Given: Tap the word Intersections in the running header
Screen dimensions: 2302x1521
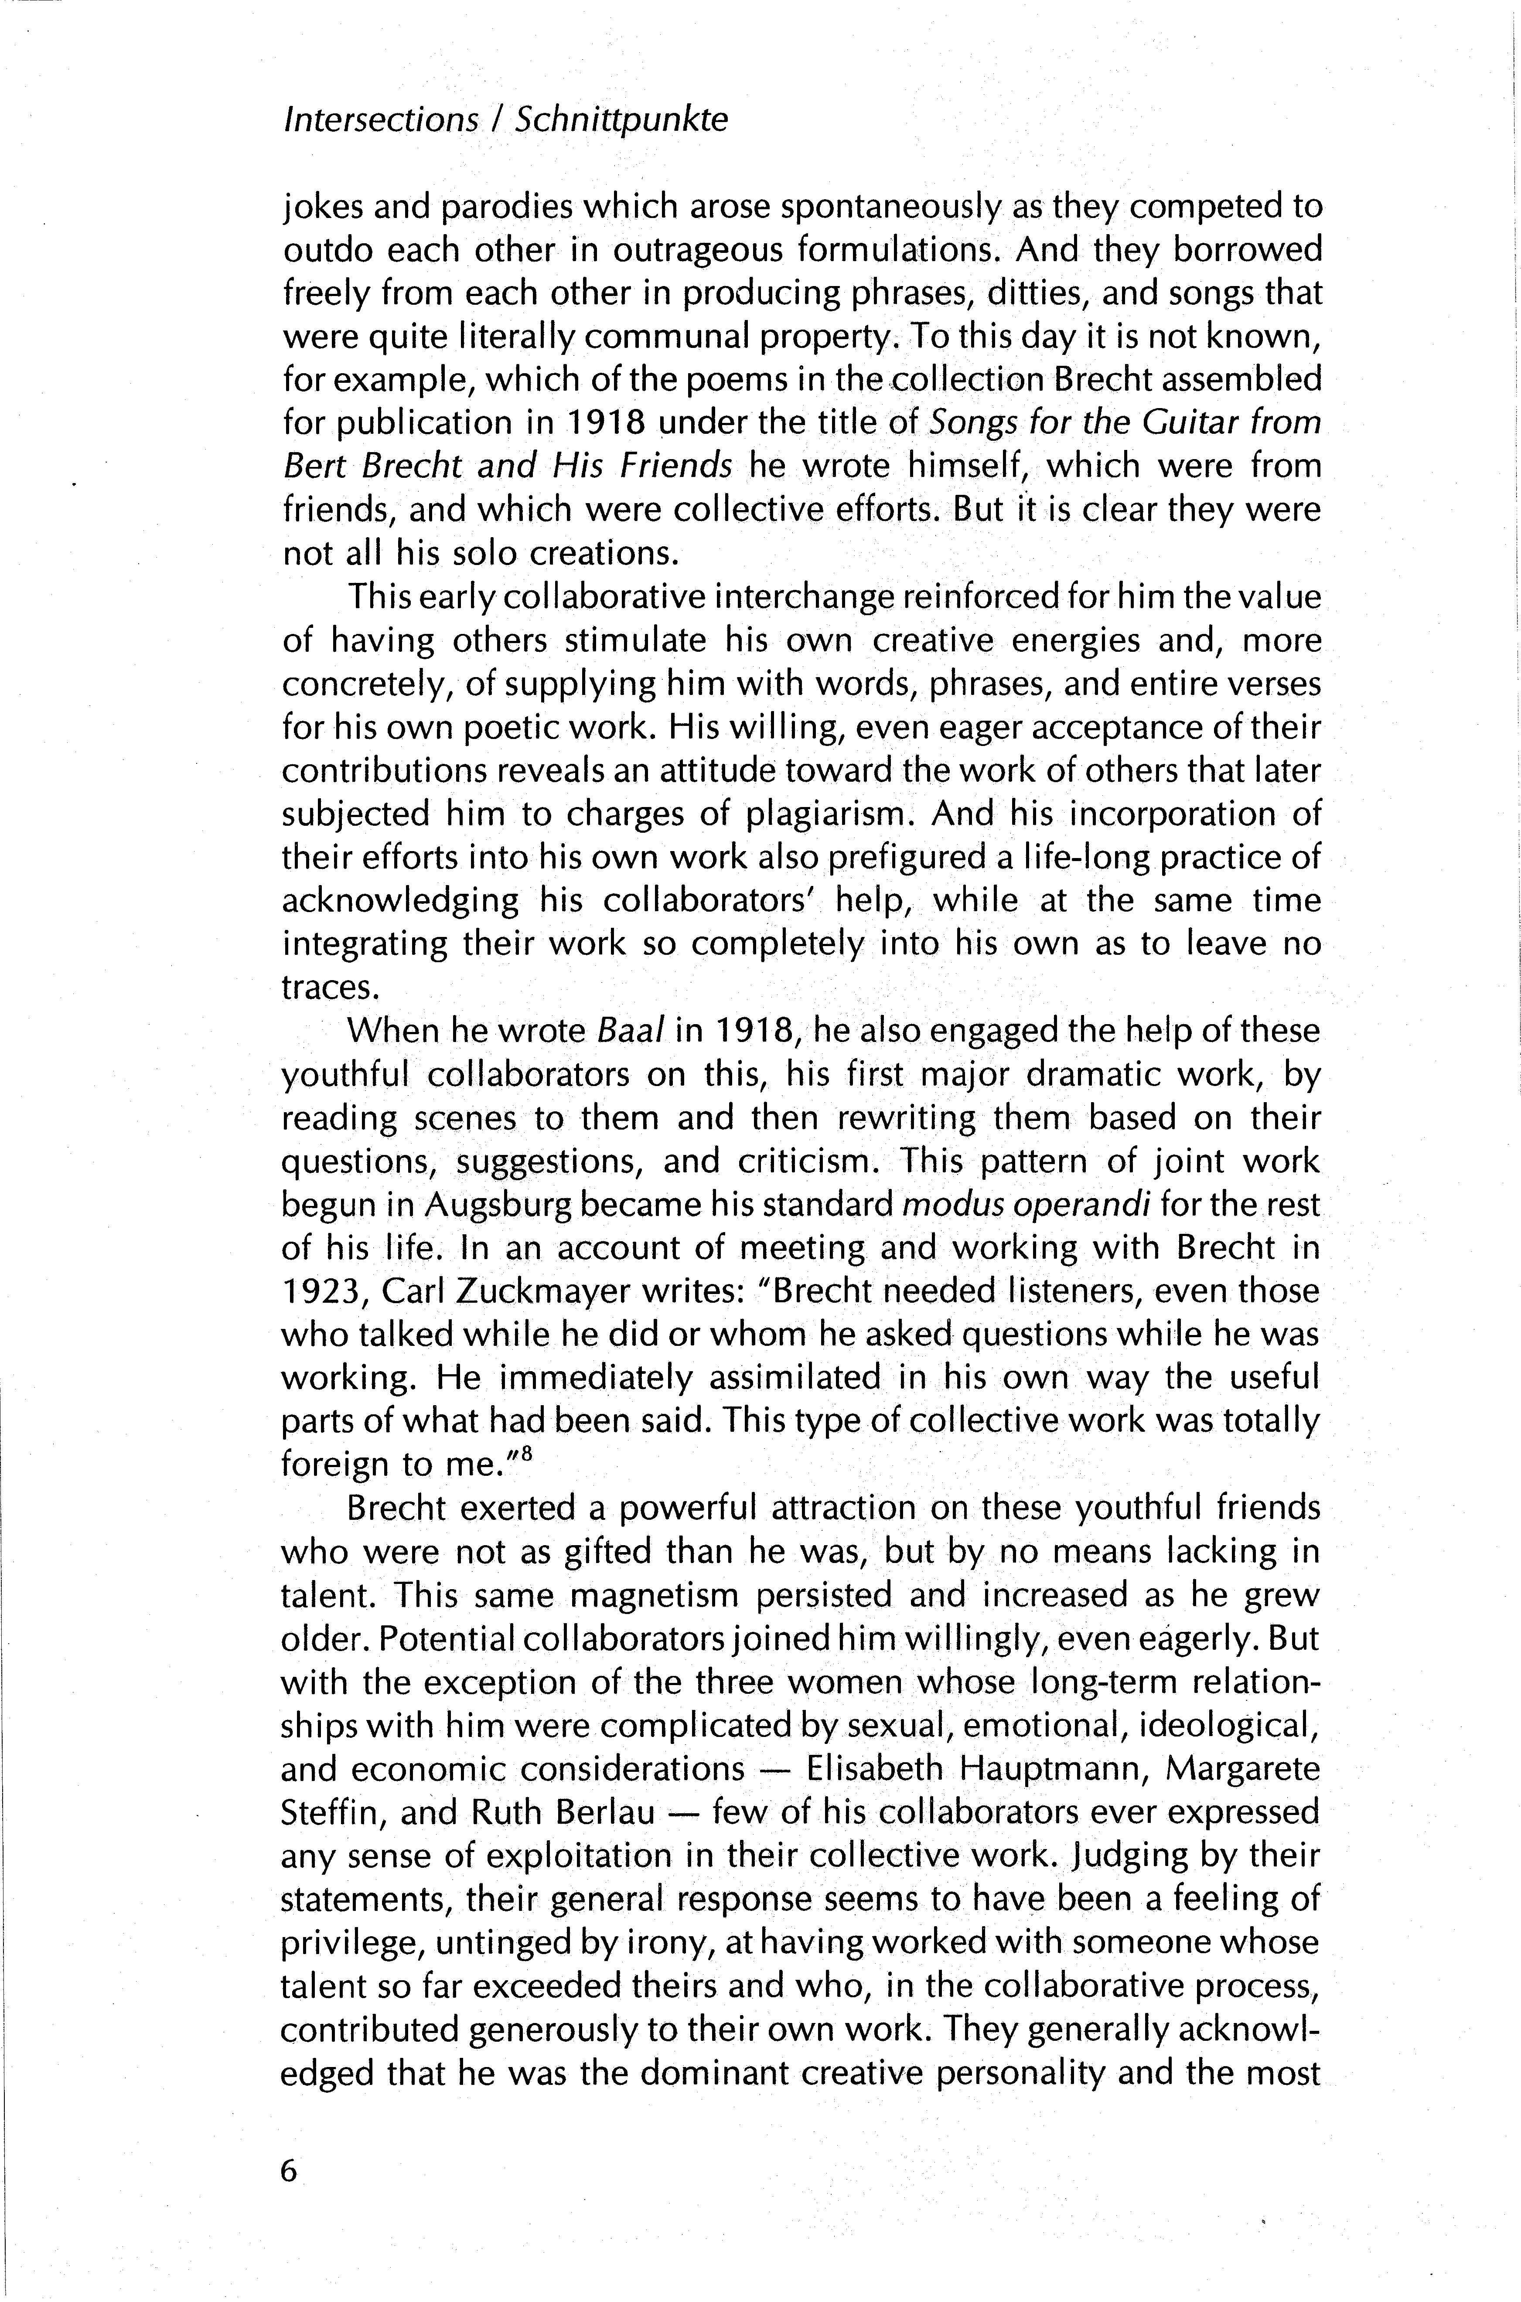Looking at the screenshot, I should [380, 120].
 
